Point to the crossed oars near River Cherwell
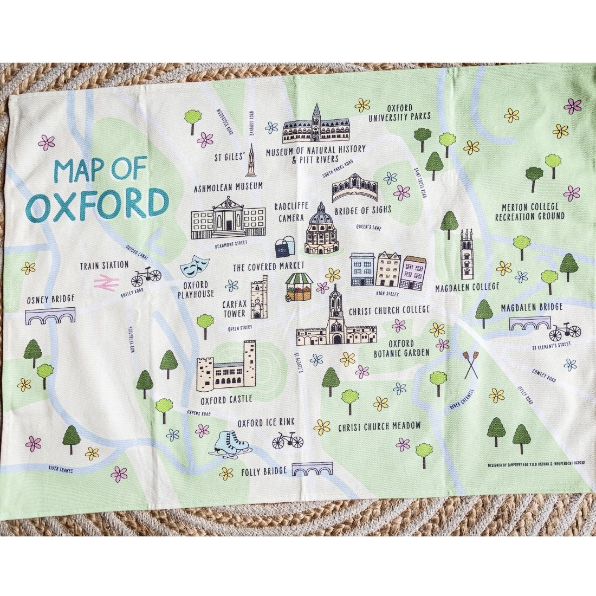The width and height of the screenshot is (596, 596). pos(470,365)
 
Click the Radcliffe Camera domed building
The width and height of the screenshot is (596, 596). pos(321,231)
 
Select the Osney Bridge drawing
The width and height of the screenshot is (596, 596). pos(50,316)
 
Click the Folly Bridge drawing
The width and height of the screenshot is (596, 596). pos(312,469)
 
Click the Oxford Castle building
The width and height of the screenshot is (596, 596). pos(226,367)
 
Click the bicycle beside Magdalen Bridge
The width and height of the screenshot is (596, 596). pos(565,330)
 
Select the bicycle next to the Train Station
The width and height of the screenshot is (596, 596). pos(146,277)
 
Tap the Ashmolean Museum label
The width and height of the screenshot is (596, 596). pos(228,186)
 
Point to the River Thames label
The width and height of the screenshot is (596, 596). pos(61,470)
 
